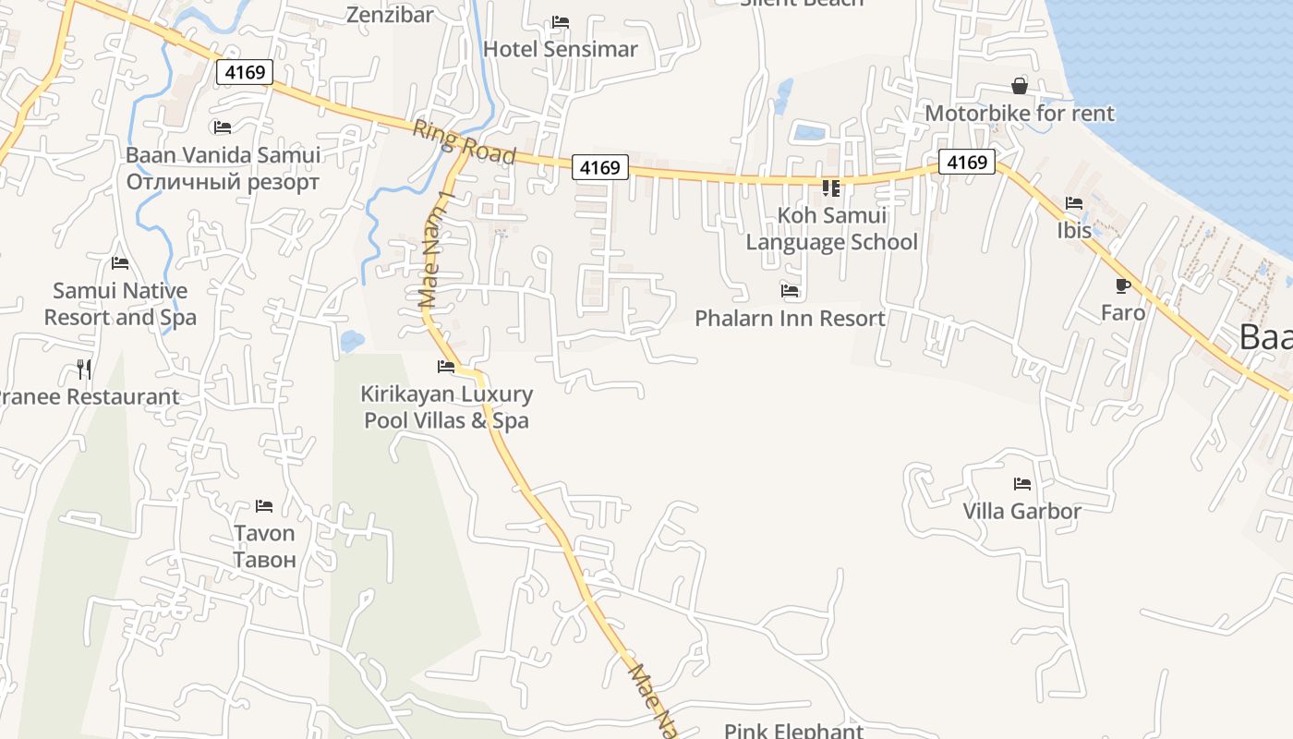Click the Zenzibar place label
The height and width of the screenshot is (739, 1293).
pyautogui.click(x=390, y=14)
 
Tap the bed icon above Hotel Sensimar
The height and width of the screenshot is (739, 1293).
pyautogui.click(x=560, y=22)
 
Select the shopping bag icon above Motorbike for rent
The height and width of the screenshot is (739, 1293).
pyautogui.click(x=1019, y=86)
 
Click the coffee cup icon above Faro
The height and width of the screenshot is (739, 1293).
pyautogui.click(x=1123, y=285)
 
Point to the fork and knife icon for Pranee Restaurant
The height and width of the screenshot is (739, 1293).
pyautogui.click(x=84, y=369)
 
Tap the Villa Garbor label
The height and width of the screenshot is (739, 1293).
pyautogui.click(x=1021, y=511)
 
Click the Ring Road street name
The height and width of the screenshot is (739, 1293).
pyautogui.click(x=464, y=142)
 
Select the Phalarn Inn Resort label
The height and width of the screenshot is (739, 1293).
pyautogui.click(x=790, y=319)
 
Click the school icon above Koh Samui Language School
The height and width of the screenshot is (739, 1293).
pyautogui.click(x=831, y=188)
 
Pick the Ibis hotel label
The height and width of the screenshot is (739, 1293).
pyautogui.click(x=1074, y=230)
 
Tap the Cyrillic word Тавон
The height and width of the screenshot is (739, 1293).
pyautogui.click(x=264, y=560)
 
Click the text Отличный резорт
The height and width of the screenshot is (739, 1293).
pyautogui.click(x=223, y=182)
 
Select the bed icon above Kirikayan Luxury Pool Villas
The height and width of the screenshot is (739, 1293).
pyautogui.click(x=446, y=367)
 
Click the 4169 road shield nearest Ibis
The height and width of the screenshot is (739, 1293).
pyautogui.click(x=967, y=163)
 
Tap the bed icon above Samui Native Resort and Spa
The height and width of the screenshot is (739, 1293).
pyautogui.click(x=120, y=263)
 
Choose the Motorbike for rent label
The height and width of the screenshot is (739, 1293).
pyautogui.click(x=1020, y=114)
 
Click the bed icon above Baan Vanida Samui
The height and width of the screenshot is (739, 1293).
pyautogui.click(x=222, y=127)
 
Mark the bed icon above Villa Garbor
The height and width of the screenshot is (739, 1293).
pyautogui.click(x=1021, y=483)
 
